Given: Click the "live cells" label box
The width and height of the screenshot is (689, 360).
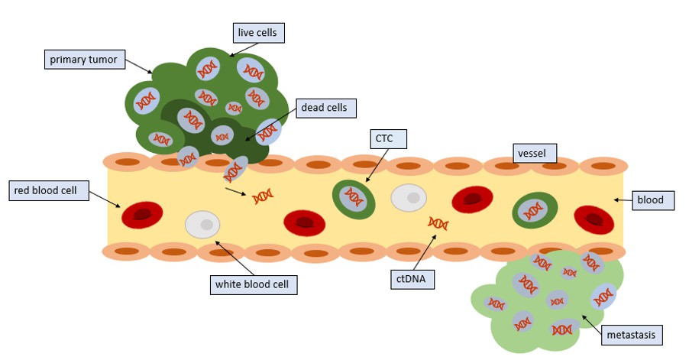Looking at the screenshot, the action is (x=259, y=33).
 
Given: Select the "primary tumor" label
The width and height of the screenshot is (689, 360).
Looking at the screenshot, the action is (x=84, y=60).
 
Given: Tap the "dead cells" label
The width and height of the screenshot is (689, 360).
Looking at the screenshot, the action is (x=325, y=108).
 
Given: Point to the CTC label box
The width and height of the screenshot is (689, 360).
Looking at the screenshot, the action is (x=389, y=139).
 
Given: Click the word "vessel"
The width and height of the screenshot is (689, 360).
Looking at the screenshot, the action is (x=532, y=154).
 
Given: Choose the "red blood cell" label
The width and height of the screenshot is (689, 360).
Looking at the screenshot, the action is (x=49, y=191).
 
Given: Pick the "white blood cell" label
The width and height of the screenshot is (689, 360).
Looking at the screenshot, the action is (x=253, y=284).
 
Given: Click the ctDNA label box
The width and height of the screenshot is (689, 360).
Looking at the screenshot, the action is (x=412, y=279).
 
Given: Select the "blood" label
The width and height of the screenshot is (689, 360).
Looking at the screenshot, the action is (x=653, y=200).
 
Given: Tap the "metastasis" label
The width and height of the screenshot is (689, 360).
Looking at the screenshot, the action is (x=632, y=335).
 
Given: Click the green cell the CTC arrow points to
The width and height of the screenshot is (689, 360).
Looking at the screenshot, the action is (x=354, y=199).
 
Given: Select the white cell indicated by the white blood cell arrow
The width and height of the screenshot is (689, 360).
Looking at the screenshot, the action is (x=202, y=225).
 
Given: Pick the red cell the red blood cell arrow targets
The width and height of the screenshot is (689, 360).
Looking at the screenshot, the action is (x=142, y=215).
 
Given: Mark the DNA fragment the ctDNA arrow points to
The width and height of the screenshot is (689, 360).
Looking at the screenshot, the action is (x=438, y=223).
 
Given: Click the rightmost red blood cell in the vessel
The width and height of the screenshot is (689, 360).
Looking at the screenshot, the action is (x=594, y=219).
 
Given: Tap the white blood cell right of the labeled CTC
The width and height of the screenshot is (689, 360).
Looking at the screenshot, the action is (x=409, y=197).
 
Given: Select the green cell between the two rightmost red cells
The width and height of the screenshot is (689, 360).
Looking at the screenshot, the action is (x=535, y=210).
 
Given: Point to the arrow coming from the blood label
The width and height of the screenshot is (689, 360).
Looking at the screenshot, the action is (x=623, y=200).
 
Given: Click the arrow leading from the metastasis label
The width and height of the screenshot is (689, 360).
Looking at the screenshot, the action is (x=591, y=324).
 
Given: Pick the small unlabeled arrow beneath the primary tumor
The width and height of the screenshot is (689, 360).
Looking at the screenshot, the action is (x=235, y=191).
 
